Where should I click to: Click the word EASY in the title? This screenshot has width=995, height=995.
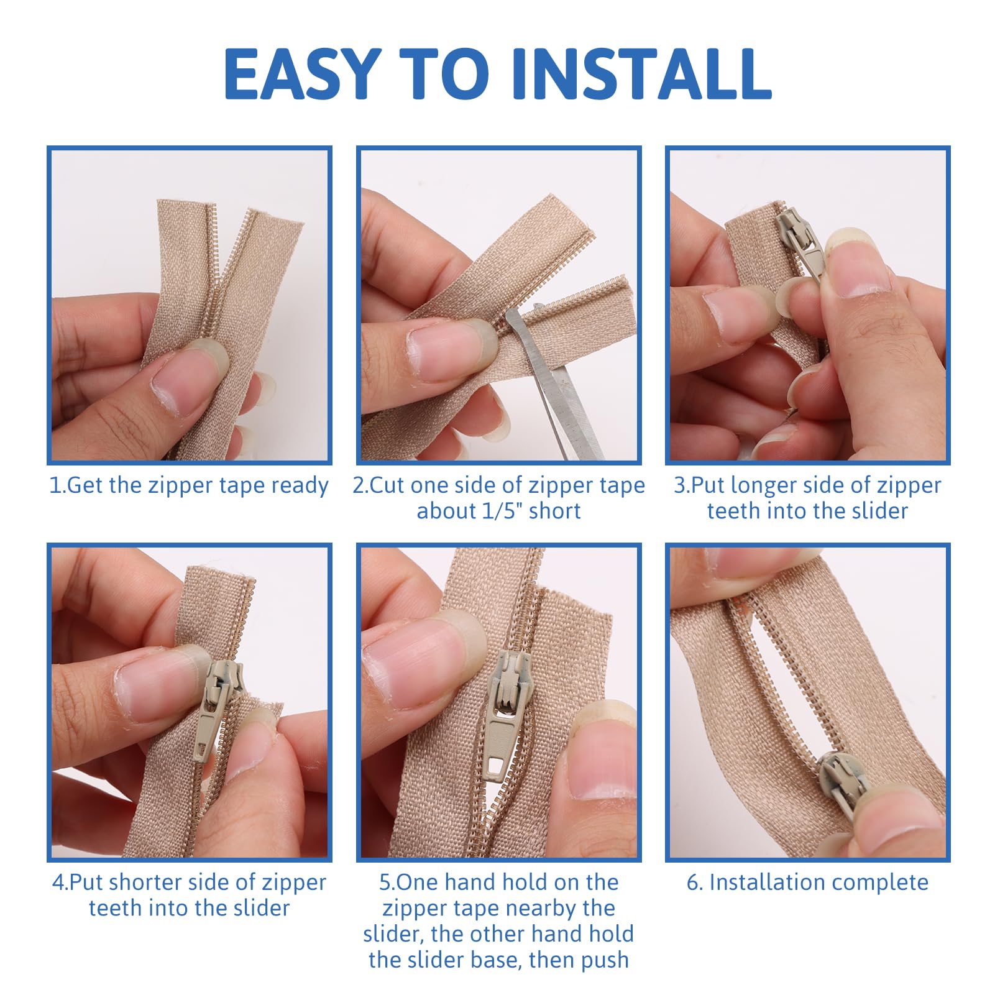click(x=302, y=74)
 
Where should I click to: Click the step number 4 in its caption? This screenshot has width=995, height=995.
click(x=58, y=883)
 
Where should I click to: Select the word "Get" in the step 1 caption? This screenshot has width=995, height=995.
click(x=85, y=485)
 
